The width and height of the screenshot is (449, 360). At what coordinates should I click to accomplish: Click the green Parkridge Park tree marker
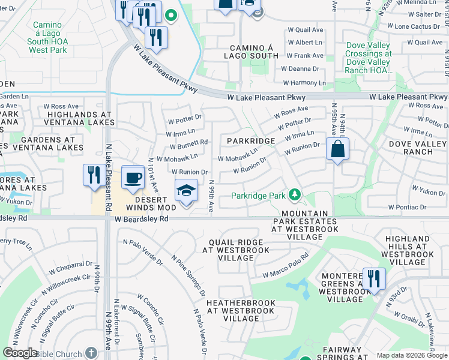click(294, 195)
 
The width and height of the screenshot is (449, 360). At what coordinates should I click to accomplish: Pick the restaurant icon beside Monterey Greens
click(373, 279)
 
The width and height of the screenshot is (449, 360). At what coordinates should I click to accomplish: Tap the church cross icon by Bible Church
click(91, 353)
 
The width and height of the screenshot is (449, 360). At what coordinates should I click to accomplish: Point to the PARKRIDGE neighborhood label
click(251, 141)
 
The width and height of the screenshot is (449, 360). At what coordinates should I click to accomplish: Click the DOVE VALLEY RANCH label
click(418, 148)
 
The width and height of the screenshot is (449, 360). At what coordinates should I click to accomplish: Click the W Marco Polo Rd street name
click(285, 265)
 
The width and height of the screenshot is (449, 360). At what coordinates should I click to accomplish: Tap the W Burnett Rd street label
click(187, 143)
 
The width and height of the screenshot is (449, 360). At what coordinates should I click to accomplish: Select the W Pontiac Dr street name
click(407, 207)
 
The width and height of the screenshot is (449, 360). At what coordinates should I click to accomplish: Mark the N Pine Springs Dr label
click(187, 275)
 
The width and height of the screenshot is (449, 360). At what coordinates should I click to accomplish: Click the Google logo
click(20, 353)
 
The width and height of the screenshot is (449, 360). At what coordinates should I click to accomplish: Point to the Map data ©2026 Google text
click(412, 355)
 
